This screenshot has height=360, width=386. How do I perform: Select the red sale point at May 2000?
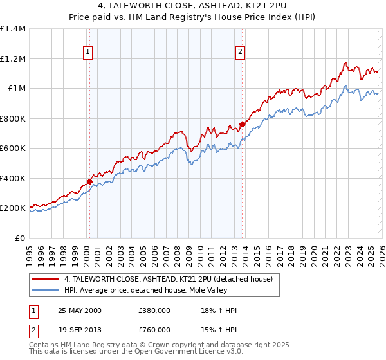click(89, 181)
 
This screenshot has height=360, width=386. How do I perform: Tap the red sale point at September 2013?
click(242, 125)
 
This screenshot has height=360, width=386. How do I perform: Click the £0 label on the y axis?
click(19, 238)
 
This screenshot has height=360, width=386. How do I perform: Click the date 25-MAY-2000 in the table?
click(80, 310)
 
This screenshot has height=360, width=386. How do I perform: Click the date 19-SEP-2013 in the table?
click(80, 328)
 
